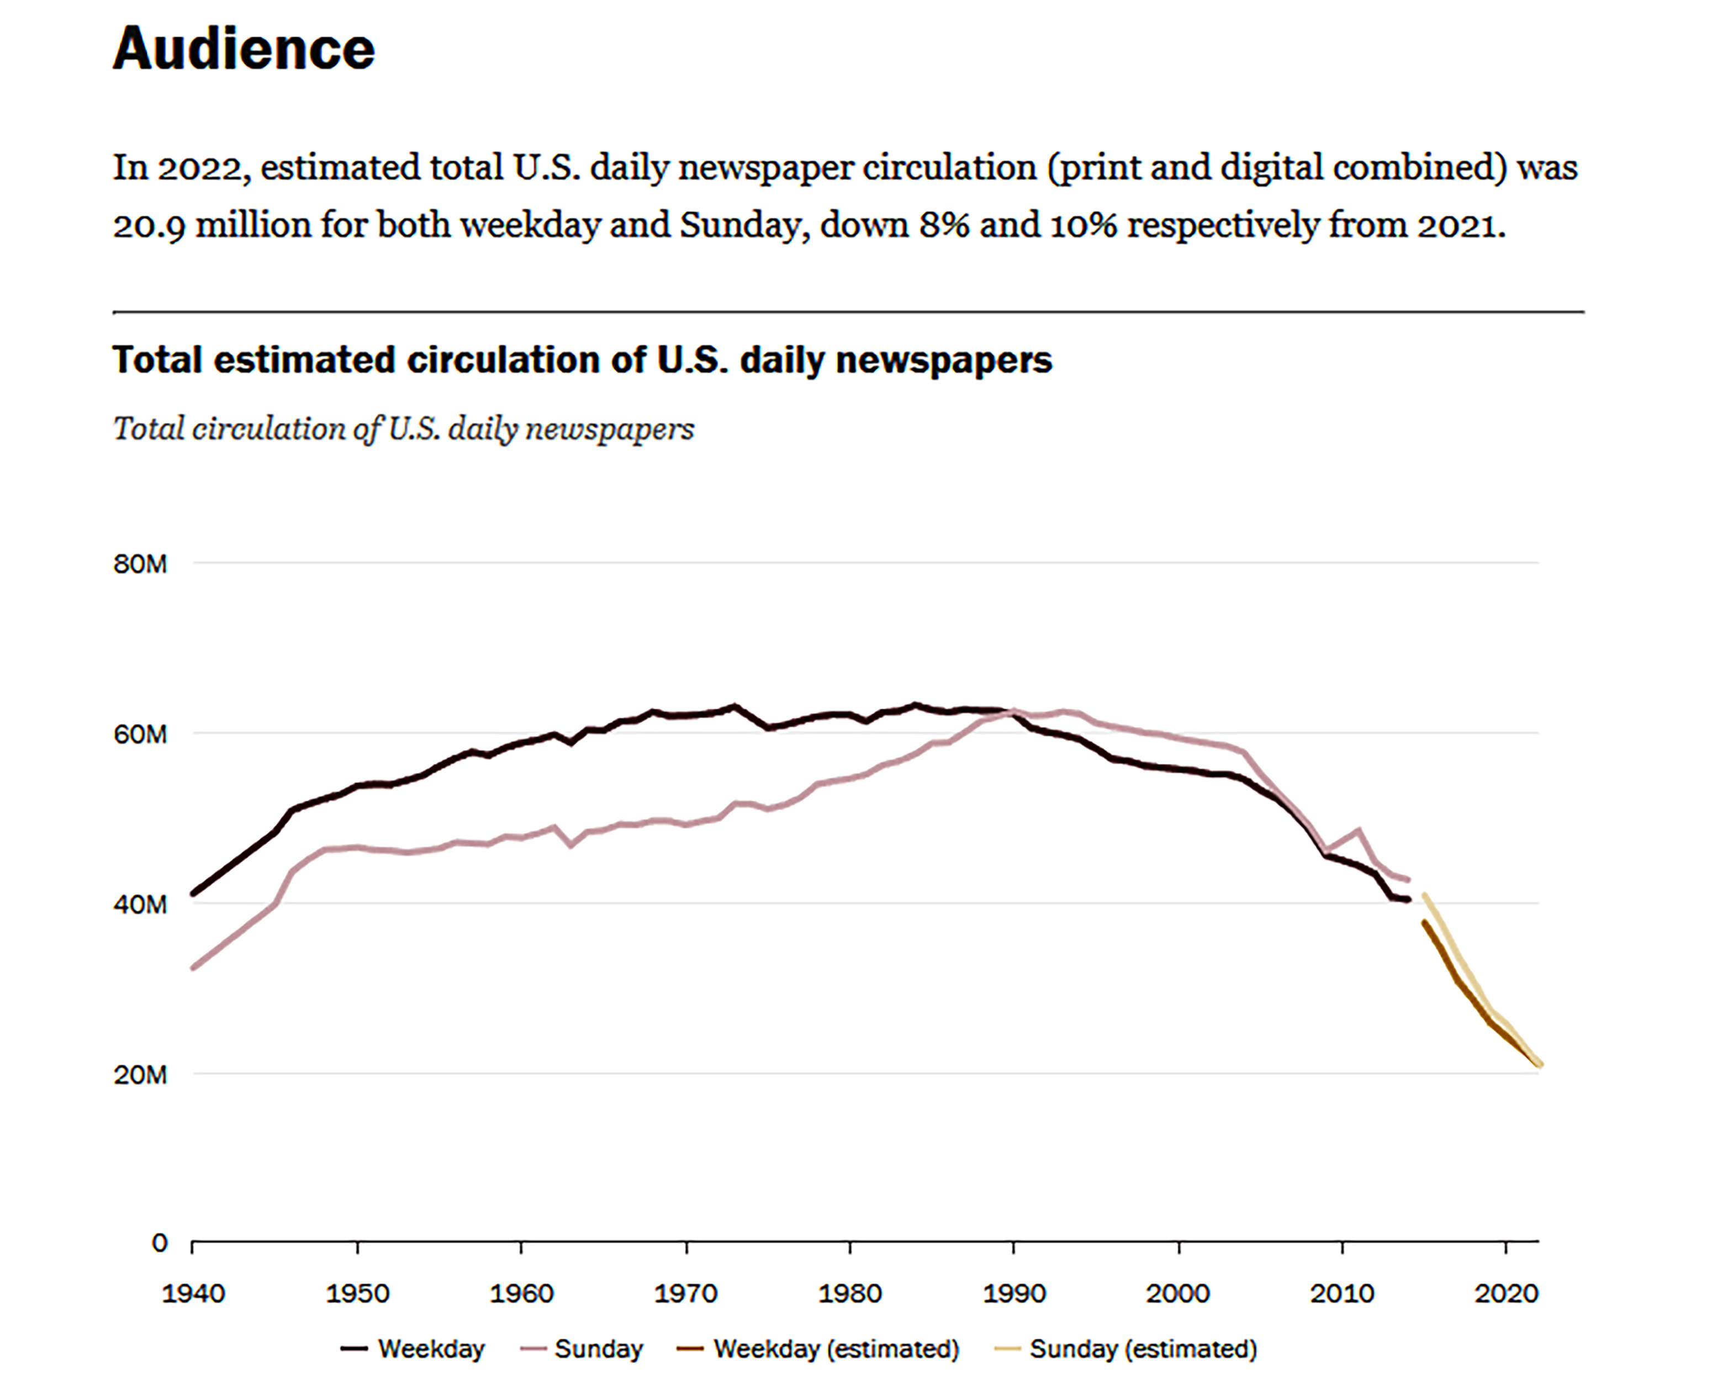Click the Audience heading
point(244,50)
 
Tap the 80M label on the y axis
point(140,564)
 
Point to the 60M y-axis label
point(140,734)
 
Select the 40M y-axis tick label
point(140,905)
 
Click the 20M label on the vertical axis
point(140,1075)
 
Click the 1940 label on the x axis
point(193,1294)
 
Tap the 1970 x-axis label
point(685,1294)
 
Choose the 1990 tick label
point(1014,1294)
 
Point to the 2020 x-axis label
point(1506,1294)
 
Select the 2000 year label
point(1178,1294)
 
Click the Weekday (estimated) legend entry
point(835,1349)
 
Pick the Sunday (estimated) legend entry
point(1143,1349)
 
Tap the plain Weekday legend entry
point(431,1349)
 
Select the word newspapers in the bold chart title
point(943,360)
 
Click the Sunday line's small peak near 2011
point(1358,831)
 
